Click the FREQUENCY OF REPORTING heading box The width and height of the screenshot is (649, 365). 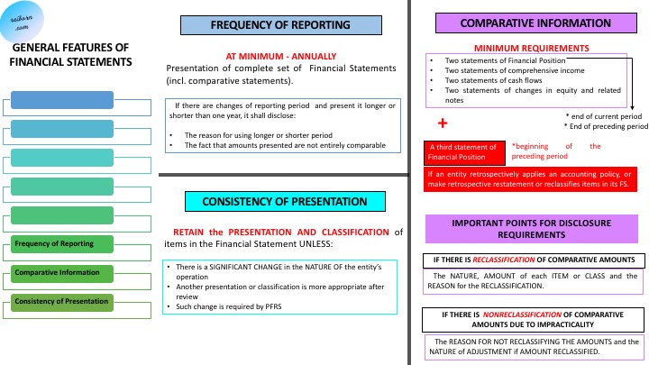280,24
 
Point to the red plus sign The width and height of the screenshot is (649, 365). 443,123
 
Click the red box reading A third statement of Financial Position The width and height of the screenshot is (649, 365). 462,151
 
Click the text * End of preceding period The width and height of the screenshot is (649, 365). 606,127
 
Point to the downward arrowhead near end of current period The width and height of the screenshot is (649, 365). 634,105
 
